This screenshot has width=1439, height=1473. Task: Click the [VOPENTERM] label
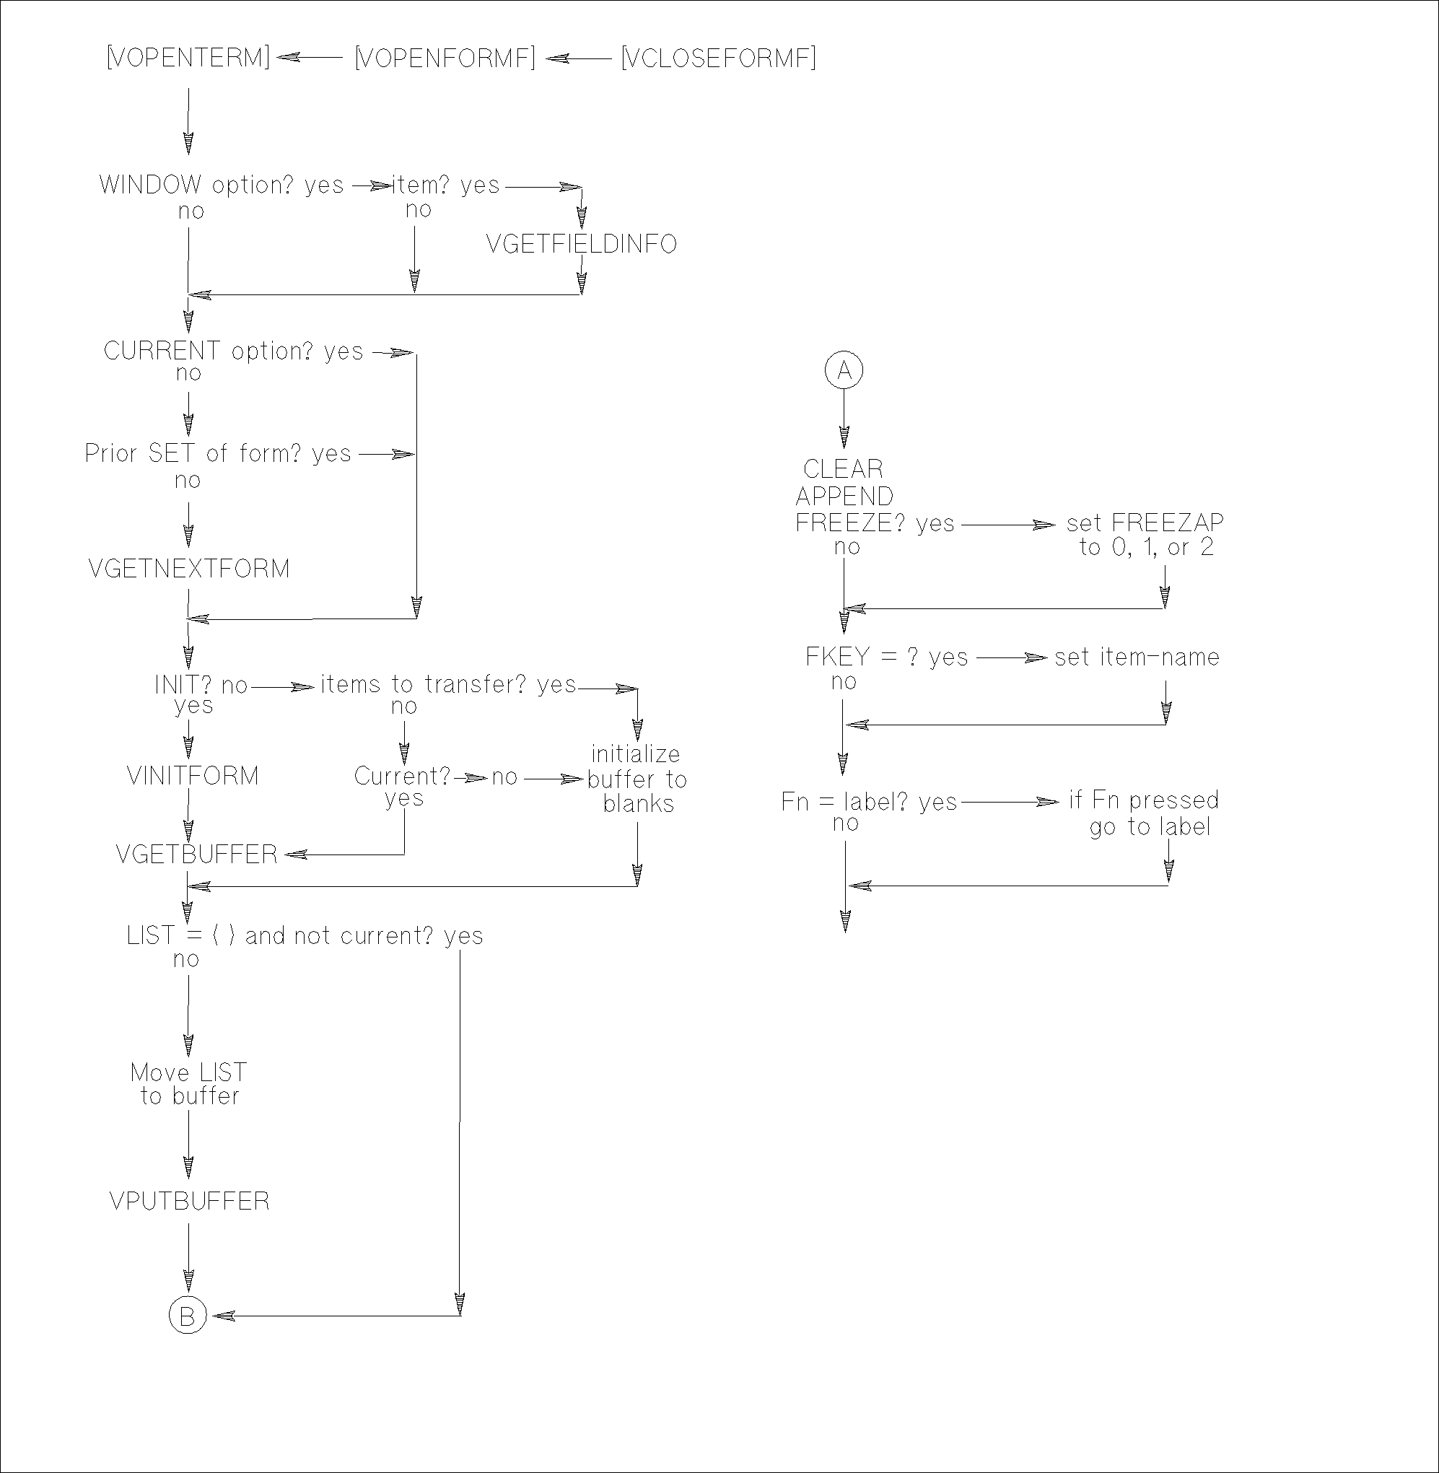pyautogui.click(x=188, y=58)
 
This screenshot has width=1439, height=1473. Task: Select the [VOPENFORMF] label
pyautogui.click(x=445, y=58)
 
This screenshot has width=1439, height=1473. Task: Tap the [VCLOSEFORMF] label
pyautogui.click(x=718, y=58)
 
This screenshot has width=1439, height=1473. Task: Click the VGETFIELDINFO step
pyautogui.click(x=581, y=244)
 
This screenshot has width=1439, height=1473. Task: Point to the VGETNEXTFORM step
pyautogui.click(x=189, y=568)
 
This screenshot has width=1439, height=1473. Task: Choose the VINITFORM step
pyautogui.click(x=193, y=775)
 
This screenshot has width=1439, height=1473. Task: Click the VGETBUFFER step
pyautogui.click(x=196, y=854)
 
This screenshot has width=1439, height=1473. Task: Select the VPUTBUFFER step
pyautogui.click(x=189, y=1201)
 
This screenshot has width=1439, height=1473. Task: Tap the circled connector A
pyautogui.click(x=844, y=370)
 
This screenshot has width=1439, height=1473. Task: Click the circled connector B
pyautogui.click(x=188, y=1316)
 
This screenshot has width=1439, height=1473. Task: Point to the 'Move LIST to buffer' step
pyautogui.click(x=189, y=1084)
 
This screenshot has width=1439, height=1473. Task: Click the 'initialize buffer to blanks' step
pyautogui.click(x=637, y=779)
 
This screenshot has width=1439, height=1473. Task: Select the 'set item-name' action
pyautogui.click(x=1137, y=657)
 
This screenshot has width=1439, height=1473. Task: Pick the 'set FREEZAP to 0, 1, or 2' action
pyautogui.click(x=1145, y=534)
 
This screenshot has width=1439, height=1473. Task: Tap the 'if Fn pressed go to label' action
pyautogui.click(x=1145, y=813)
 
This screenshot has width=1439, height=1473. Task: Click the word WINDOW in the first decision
pyautogui.click(x=150, y=185)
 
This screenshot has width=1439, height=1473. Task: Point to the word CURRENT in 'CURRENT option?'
pyautogui.click(x=162, y=351)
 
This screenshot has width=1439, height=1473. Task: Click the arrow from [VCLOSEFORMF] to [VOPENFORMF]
pyautogui.click(x=578, y=58)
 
